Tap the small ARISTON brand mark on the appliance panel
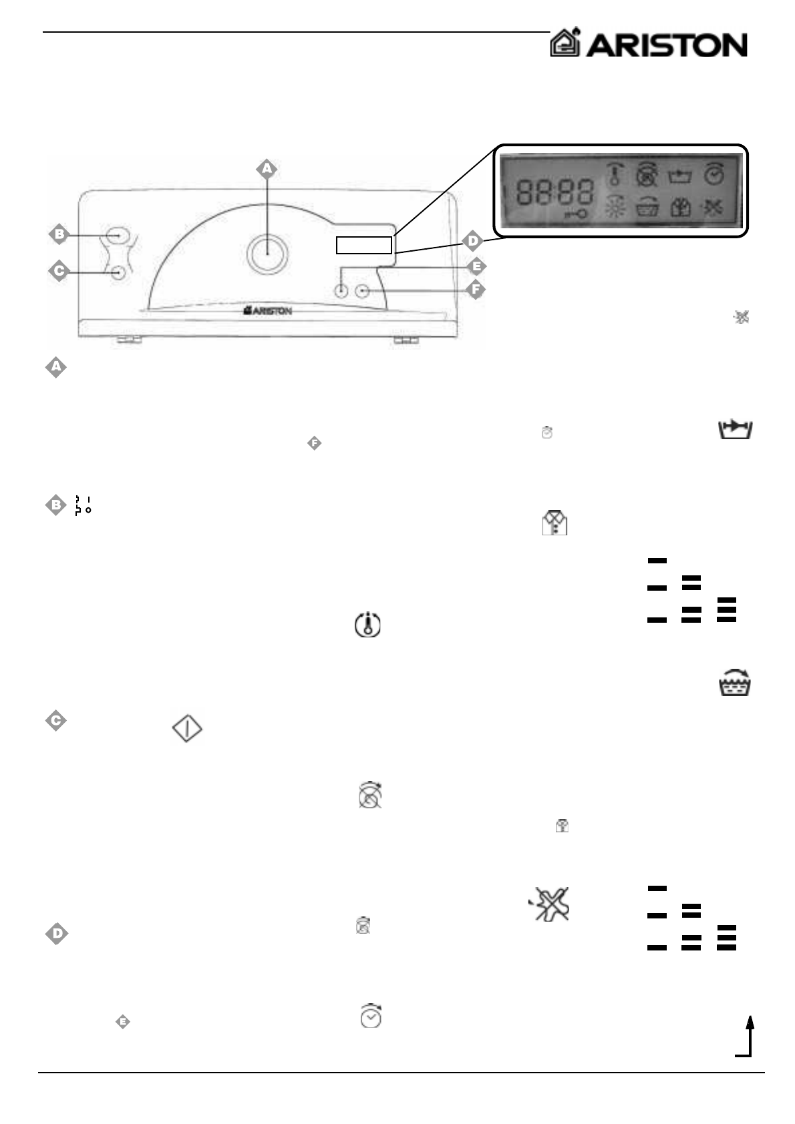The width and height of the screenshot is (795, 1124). [x=267, y=310]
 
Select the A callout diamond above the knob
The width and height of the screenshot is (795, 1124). [x=267, y=170]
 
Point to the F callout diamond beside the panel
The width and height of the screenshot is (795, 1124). [x=475, y=290]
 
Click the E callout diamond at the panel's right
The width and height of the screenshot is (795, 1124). [x=476, y=267]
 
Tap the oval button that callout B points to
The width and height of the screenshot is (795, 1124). [x=116, y=236]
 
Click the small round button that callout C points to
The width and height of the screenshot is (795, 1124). [x=119, y=272]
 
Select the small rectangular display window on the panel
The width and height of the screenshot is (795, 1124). [x=363, y=245]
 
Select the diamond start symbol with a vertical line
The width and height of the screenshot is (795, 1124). [x=188, y=729]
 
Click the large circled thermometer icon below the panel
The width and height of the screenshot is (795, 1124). [x=367, y=624]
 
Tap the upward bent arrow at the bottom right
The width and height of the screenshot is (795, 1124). [x=746, y=1036]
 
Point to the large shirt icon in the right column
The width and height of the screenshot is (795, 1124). [x=554, y=523]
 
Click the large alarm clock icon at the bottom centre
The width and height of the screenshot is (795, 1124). [x=371, y=1015]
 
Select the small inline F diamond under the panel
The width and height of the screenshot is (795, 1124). [x=315, y=443]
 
